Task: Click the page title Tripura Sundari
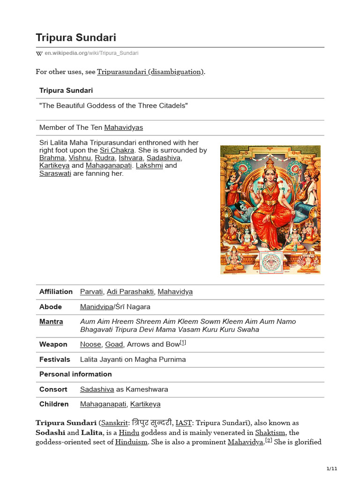76,37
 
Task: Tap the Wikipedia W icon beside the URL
39,53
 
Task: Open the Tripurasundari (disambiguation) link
150,72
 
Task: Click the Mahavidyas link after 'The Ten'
124,127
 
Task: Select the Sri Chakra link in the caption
117,150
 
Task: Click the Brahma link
52,158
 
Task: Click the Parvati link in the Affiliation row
91,292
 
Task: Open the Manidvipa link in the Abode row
97,307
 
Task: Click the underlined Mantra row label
51,322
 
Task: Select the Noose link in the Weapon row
90,344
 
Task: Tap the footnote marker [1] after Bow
183,343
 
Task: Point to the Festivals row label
55,359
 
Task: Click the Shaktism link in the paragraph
273,432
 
